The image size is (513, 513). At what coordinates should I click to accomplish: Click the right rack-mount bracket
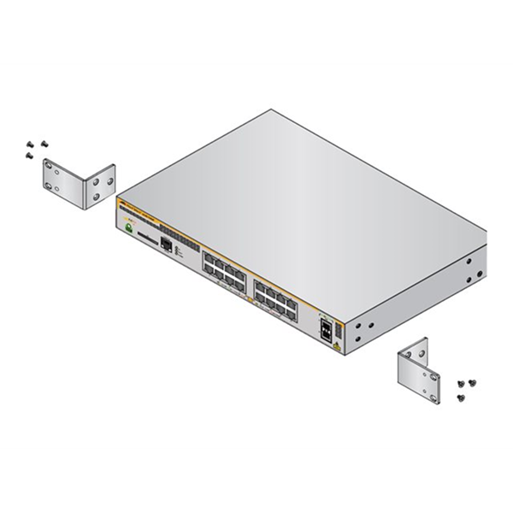pos(426,365)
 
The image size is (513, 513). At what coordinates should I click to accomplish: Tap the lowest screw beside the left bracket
pos(28,156)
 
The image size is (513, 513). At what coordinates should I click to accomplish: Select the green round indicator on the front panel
pos(129,228)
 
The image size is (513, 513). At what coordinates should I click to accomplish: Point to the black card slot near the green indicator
pos(151,243)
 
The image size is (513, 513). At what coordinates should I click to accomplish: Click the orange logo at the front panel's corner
pos(122,204)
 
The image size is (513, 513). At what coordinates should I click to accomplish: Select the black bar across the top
pos(256,32)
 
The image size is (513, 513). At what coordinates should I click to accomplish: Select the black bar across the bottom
pos(256,481)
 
